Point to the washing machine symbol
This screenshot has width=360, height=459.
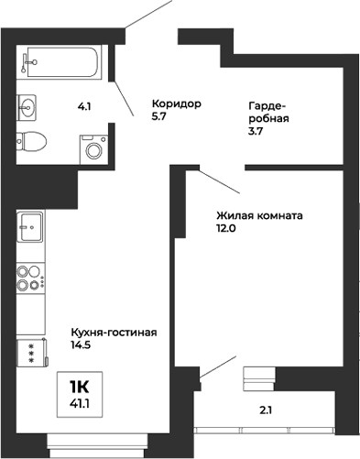93,147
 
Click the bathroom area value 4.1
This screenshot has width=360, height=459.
84,107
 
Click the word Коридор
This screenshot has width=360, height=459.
177,102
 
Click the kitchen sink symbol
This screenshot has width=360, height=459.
30,224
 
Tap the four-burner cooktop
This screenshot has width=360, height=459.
30,278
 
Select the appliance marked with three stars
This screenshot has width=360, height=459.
31,353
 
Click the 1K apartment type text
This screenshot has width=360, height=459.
81,385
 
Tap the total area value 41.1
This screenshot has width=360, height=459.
81,401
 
